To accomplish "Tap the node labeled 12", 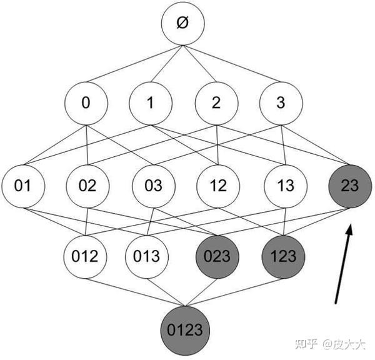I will (218, 186).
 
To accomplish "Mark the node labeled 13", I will (285, 186).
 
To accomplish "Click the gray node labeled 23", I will (351, 186).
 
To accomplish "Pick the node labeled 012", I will (86, 256).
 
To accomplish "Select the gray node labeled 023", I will (217, 256).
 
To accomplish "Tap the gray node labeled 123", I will (284, 256).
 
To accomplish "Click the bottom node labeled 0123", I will (184, 328).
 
